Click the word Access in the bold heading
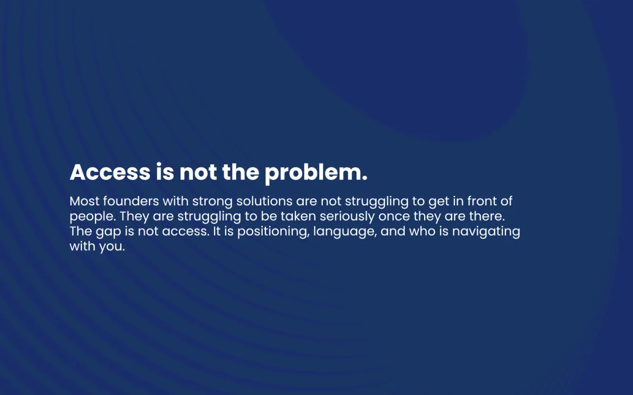tap(110, 172)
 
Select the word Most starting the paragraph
tap(84, 201)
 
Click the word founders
tap(131, 201)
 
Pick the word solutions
tap(264, 201)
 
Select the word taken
tap(298, 216)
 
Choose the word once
tap(394, 216)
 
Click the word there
tap(487, 216)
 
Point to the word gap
tap(108, 232)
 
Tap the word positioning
tap(272, 232)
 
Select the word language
tap(345, 232)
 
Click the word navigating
tap(486, 232)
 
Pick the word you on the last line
tap(112, 248)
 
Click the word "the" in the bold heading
tap(241, 172)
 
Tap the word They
tap(134, 216)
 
